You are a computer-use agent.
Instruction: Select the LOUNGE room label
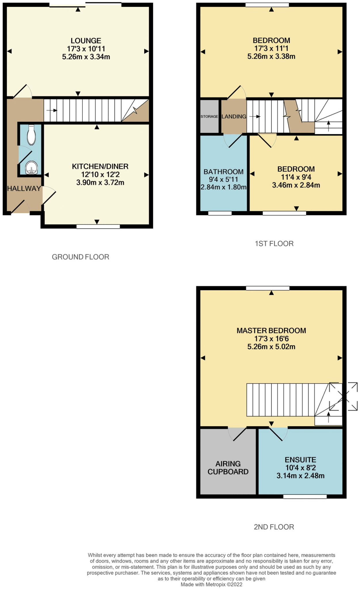(x=86, y=41)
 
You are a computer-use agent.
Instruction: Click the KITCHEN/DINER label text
(x=100, y=167)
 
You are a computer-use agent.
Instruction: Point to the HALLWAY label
(x=24, y=189)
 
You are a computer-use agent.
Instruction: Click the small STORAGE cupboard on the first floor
(x=209, y=116)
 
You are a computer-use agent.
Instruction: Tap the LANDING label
(x=234, y=116)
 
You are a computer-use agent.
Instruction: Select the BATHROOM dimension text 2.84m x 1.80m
(x=224, y=188)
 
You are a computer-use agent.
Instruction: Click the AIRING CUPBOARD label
(x=228, y=468)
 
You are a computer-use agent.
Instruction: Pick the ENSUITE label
(x=300, y=460)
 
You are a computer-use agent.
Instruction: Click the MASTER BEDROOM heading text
(x=271, y=331)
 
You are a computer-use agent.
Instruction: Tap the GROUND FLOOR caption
(x=81, y=257)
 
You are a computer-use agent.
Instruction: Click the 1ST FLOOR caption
(x=274, y=244)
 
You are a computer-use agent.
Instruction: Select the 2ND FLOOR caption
(x=274, y=527)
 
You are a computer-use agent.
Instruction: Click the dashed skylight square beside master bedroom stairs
(x=343, y=396)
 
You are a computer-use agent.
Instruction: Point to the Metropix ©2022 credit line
(x=212, y=584)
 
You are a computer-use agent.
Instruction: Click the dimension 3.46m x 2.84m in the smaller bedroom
(x=296, y=185)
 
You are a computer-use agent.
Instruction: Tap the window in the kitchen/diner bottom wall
(x=98, y=227)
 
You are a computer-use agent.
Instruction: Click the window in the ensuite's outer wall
(x=305, y=496)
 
